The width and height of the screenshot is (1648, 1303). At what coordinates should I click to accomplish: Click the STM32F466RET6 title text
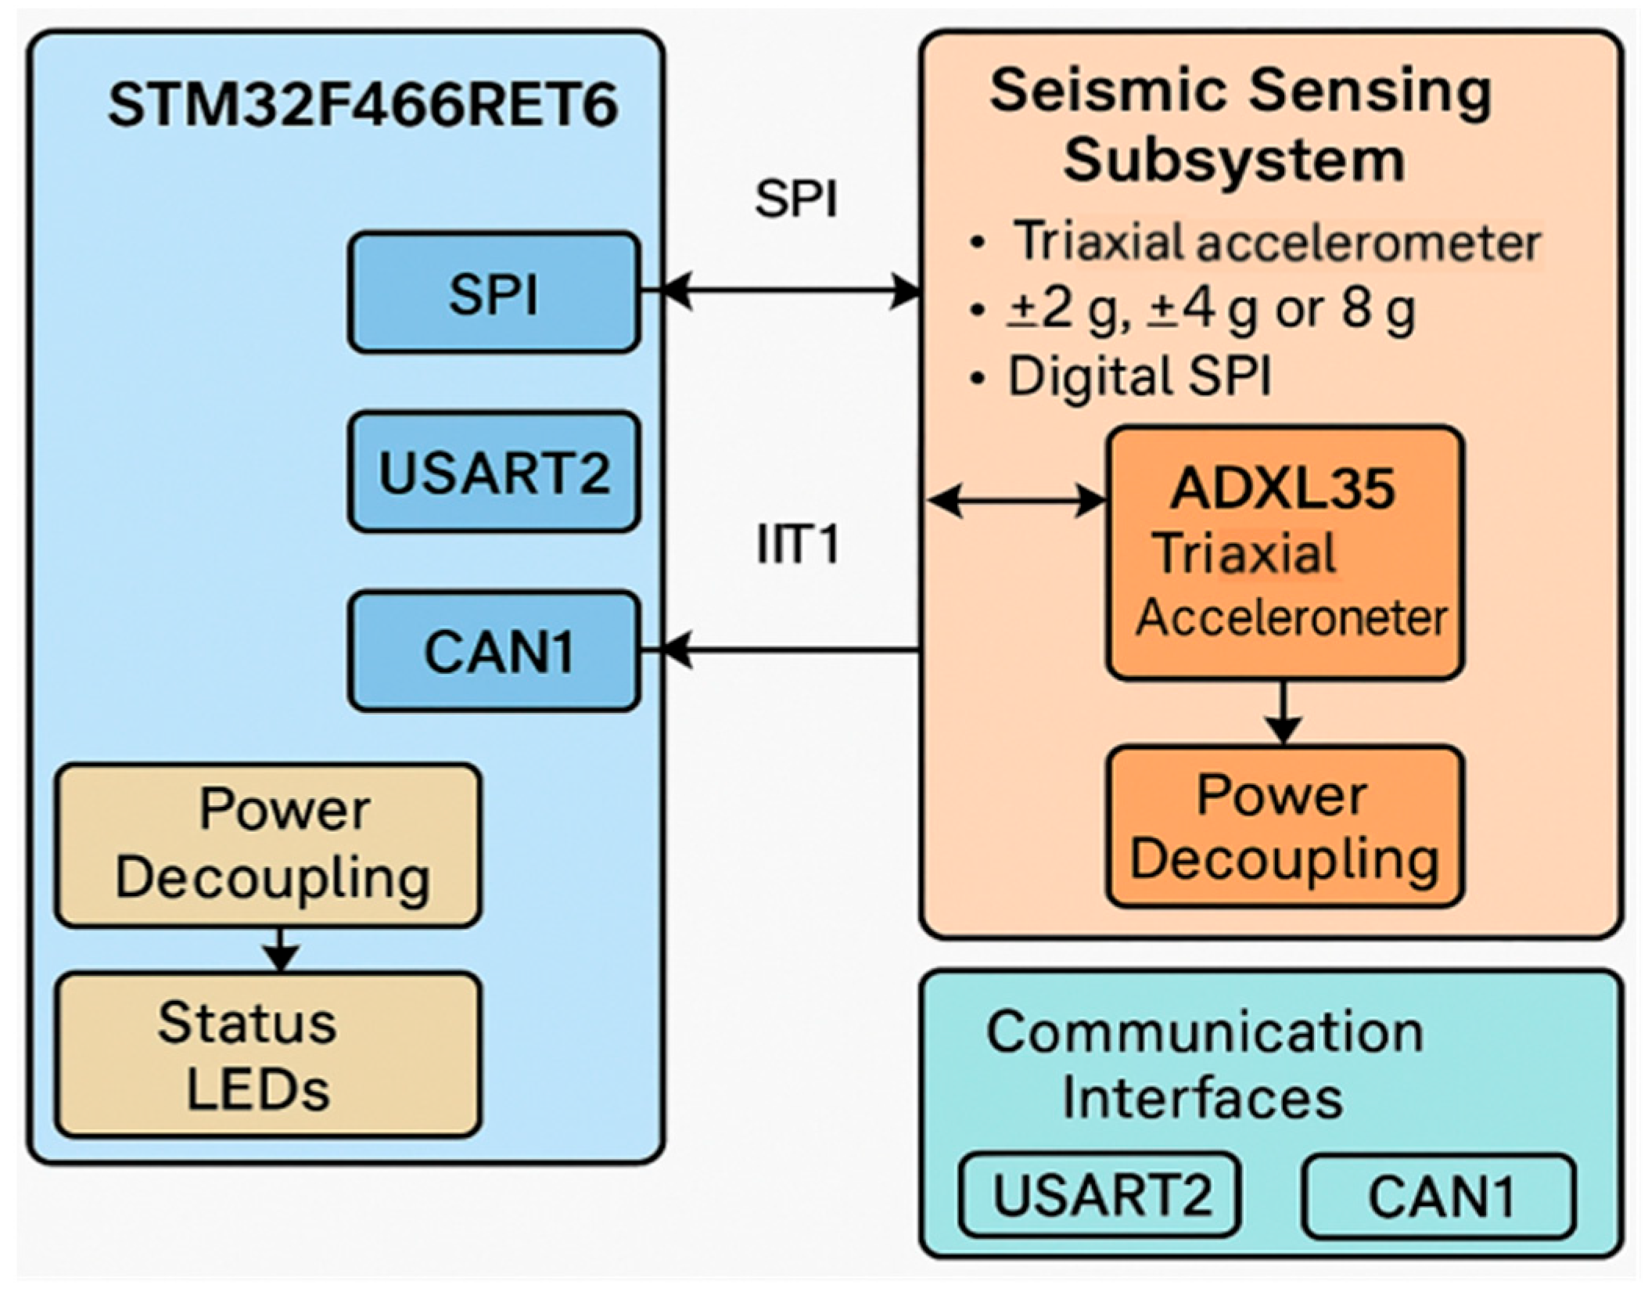(x=362, y=105)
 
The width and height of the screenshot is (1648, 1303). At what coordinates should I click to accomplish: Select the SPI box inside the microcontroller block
(x=494, y=293)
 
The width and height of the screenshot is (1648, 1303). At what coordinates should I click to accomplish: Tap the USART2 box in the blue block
(x=494, y=472)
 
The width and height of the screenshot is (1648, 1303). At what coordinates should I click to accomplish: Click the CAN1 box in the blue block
(x=494, y=651)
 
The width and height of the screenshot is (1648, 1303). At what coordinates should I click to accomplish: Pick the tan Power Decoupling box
(x=267, y=845)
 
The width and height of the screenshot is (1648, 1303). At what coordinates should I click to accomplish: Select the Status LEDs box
(x=267, y=1054)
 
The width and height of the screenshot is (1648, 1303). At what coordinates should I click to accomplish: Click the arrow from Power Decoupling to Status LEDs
(x=281, y=949)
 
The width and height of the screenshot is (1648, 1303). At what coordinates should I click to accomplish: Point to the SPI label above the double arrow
(x=795, y=199)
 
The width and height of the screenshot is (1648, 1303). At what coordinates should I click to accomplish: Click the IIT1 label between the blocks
(x=798, y=545)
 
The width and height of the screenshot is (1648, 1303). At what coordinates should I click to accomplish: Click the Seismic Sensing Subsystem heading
(x=1240, y=125)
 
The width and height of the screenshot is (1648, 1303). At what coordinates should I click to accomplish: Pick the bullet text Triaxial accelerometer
(x=1275, y=242)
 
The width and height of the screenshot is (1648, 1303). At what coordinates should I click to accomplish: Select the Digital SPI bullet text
(x=1139, y=376)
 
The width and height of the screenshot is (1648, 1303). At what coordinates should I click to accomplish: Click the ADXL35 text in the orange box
(x=1283, y=489)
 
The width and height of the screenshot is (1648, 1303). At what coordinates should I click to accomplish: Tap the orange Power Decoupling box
(x=1284, y=826)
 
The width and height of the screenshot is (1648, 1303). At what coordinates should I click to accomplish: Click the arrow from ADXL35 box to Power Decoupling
(x=1284, y=712)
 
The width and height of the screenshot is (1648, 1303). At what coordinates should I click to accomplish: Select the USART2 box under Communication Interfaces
(x=1100, y=1195)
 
